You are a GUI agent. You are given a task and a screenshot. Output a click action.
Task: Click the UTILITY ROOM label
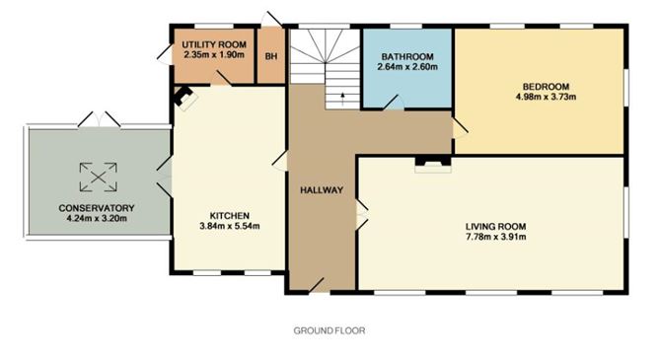214,44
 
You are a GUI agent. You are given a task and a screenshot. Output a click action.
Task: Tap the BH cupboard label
271,56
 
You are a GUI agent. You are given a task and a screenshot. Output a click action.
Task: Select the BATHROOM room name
407,56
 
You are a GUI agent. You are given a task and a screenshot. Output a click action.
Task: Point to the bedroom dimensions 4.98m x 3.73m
546,97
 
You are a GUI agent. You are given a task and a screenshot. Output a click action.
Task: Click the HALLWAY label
322,190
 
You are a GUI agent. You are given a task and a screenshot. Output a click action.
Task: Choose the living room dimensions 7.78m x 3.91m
496,237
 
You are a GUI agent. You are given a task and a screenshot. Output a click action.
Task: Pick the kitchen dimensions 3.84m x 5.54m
230,226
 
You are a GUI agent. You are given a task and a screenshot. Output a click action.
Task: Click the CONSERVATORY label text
97,208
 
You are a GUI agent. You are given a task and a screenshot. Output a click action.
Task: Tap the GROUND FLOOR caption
329,330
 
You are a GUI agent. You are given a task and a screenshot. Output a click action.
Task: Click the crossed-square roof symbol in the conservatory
99,178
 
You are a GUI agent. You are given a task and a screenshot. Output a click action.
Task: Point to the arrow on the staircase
342,99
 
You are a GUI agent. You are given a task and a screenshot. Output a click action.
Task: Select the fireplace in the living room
433,165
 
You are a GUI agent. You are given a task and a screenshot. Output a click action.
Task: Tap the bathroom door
394,103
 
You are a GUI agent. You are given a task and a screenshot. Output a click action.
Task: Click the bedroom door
460,128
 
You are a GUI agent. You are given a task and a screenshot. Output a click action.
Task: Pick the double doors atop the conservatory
100,119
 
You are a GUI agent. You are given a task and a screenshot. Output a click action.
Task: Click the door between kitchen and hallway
280,161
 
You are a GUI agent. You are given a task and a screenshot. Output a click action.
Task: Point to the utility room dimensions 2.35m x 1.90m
214,54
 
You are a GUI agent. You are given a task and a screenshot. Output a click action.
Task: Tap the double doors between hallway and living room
362,214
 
